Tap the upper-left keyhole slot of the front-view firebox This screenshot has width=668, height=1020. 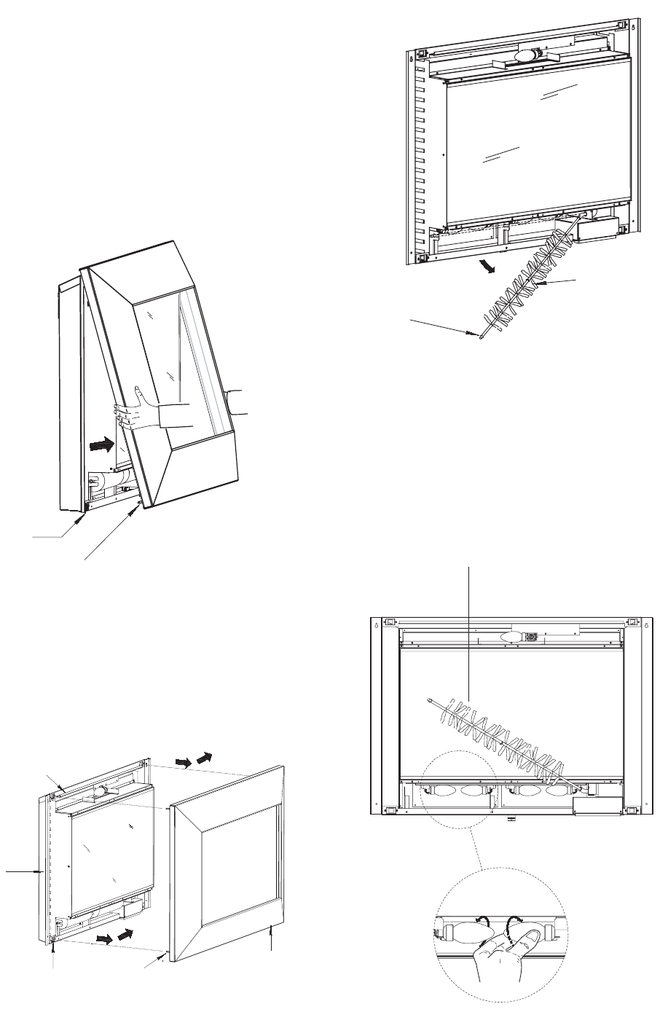click(376, 624)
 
